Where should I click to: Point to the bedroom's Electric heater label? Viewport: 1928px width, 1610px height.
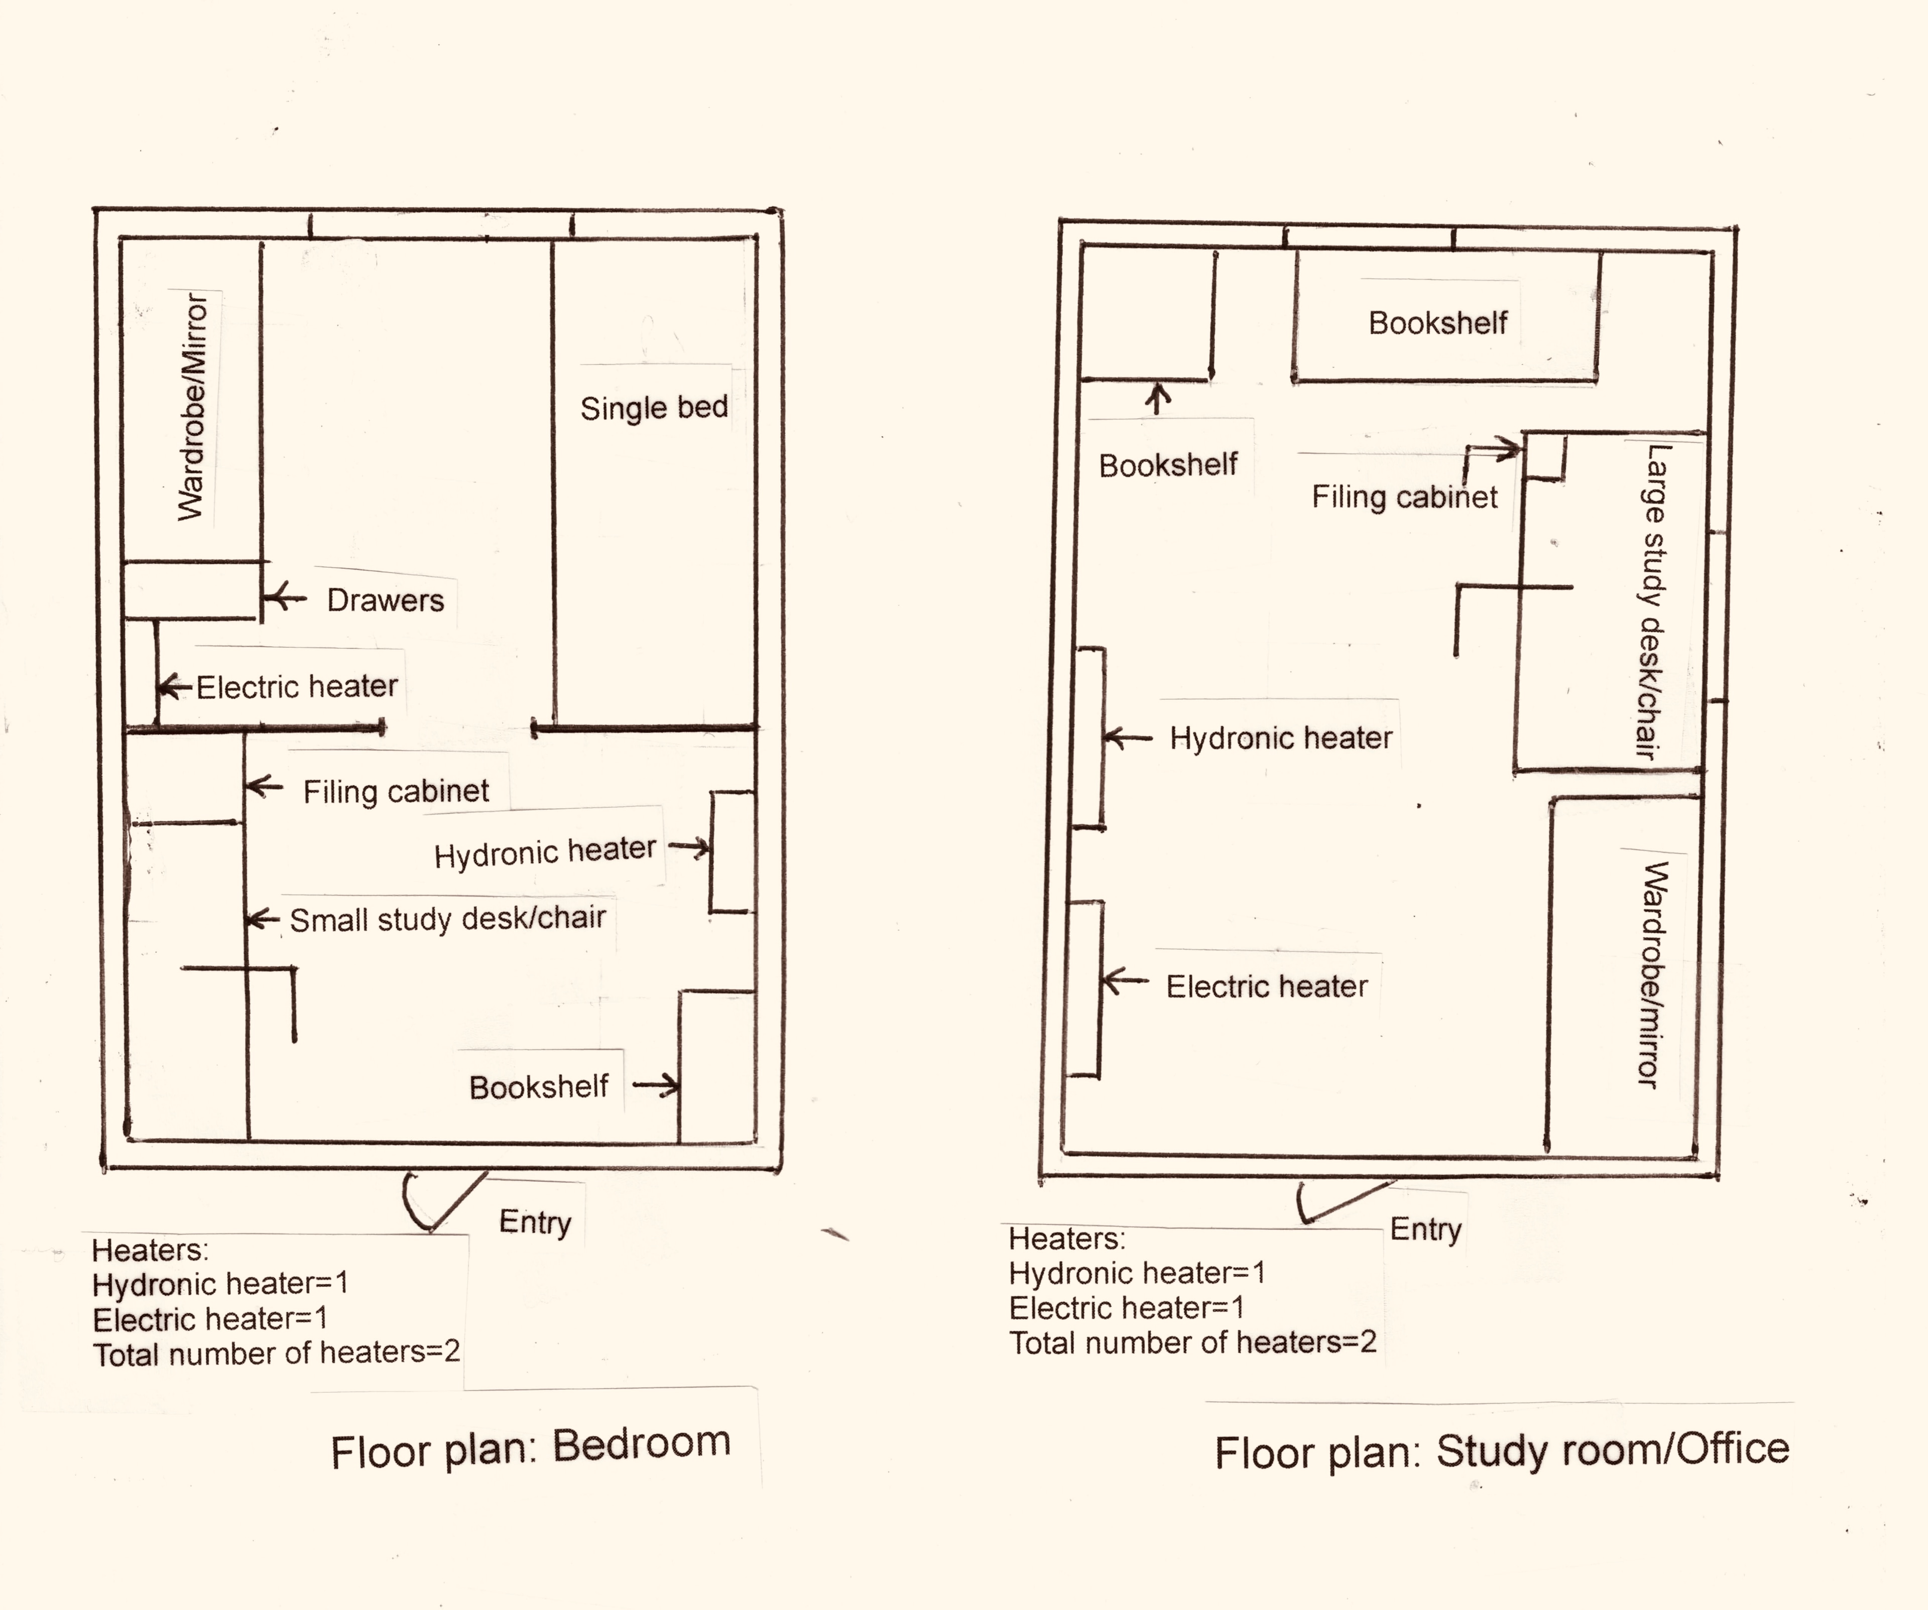point(297,687)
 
